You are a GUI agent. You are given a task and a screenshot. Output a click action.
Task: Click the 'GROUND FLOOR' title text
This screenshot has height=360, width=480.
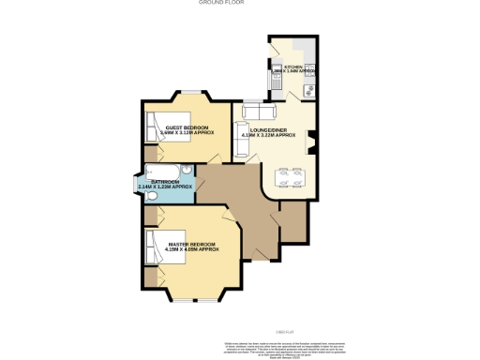click(216, 4)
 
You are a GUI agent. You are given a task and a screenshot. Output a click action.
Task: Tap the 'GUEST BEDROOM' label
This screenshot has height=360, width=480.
click(187, 127)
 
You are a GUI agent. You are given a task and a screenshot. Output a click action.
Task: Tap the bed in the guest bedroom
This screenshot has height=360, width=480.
click(157, 127)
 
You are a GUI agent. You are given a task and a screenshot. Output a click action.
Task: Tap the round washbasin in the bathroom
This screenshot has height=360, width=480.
click(187, 170)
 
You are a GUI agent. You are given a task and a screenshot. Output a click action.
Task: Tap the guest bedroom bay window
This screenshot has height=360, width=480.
click(194, 92)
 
